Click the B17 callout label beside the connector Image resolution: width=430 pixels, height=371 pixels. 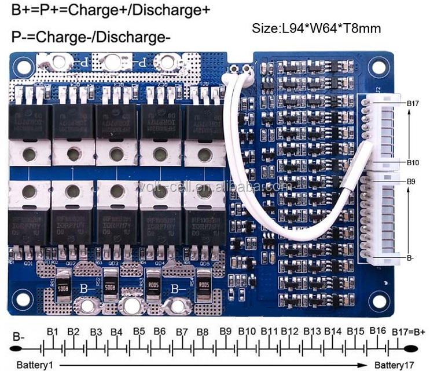pyautogui.click(x=413, y=104)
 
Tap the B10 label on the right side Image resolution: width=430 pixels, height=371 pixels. pyautogui.click(x=413, y=163)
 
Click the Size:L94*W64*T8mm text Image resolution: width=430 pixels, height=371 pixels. pyautogui.click(x=317, y=27)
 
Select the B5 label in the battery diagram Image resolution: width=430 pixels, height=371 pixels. pyautogui.click(x=139, y=332)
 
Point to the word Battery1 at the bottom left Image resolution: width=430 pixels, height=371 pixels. pyautogui.click(x=34, y=365)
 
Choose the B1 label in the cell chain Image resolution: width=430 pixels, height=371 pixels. pyautogui.click(x=53, y=332)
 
